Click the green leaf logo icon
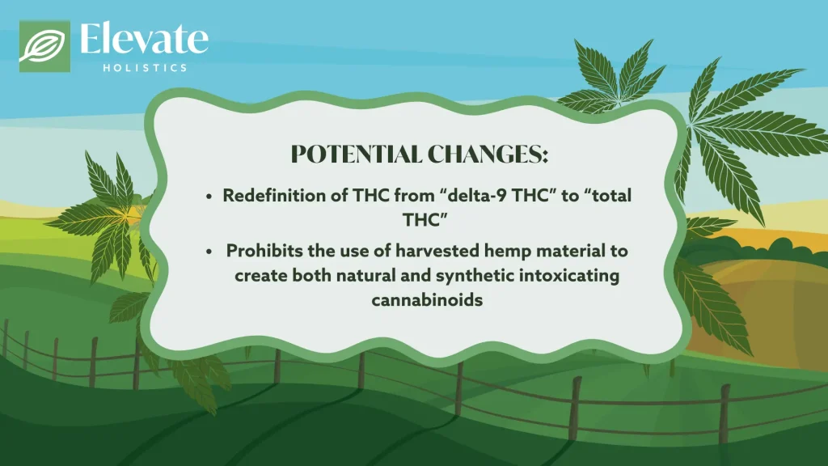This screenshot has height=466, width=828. (45, 46)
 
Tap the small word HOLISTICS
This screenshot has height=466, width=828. (146, 68)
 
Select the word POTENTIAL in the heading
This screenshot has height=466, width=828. (357, 155)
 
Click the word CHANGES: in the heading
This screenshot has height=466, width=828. (488, 155)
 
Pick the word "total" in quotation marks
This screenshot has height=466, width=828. (607, 196)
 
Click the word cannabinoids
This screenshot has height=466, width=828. (427, 300)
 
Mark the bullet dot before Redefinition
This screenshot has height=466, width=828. (209, 197)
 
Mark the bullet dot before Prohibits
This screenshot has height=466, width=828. (209, 252)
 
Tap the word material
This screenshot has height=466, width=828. (571, 251)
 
